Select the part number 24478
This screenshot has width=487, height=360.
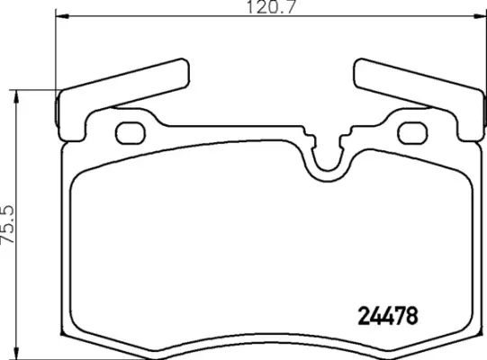[383, 318]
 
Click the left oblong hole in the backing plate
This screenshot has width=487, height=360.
[131, 132]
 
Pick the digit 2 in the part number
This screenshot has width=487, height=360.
[354, 318]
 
